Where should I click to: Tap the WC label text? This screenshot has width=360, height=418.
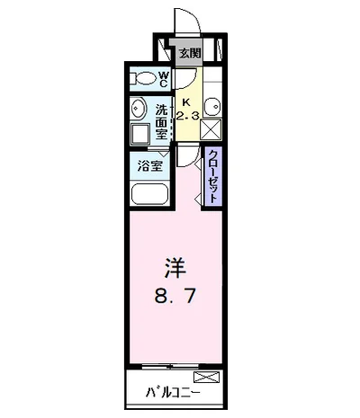coord(166,79)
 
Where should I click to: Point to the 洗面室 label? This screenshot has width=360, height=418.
coord(163,120)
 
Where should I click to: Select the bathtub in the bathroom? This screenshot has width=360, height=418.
coord(149,195)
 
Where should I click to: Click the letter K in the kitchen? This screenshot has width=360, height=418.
coord(187,102)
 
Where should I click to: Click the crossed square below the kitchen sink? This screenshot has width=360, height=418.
coord(211,132)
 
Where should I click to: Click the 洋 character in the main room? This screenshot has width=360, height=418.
coord(175,267)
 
